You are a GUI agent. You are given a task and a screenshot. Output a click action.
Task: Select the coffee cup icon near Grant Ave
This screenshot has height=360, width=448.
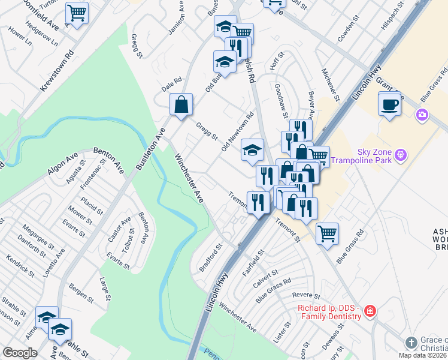click(x=389, y=105)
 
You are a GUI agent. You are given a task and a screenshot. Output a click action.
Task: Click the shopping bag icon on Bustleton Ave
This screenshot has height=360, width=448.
click(x=181, y=105)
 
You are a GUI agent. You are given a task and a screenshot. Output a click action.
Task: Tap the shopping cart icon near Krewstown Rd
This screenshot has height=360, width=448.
click(x=77, y=12)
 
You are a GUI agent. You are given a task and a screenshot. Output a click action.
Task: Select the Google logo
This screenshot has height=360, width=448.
click(x=20, y=353)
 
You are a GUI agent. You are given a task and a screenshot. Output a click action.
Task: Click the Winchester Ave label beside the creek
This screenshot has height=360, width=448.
click(x=189, y=178)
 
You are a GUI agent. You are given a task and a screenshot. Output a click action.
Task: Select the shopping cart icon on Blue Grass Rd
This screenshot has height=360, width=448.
click(x=327, y=233)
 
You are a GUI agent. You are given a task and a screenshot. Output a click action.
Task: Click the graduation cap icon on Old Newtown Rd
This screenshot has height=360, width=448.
click(x=252, y=150)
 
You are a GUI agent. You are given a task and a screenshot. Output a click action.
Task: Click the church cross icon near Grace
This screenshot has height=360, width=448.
click(x=411, y=343)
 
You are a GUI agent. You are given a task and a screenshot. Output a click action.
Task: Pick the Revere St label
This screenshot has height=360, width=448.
click(x=308, y=295)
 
